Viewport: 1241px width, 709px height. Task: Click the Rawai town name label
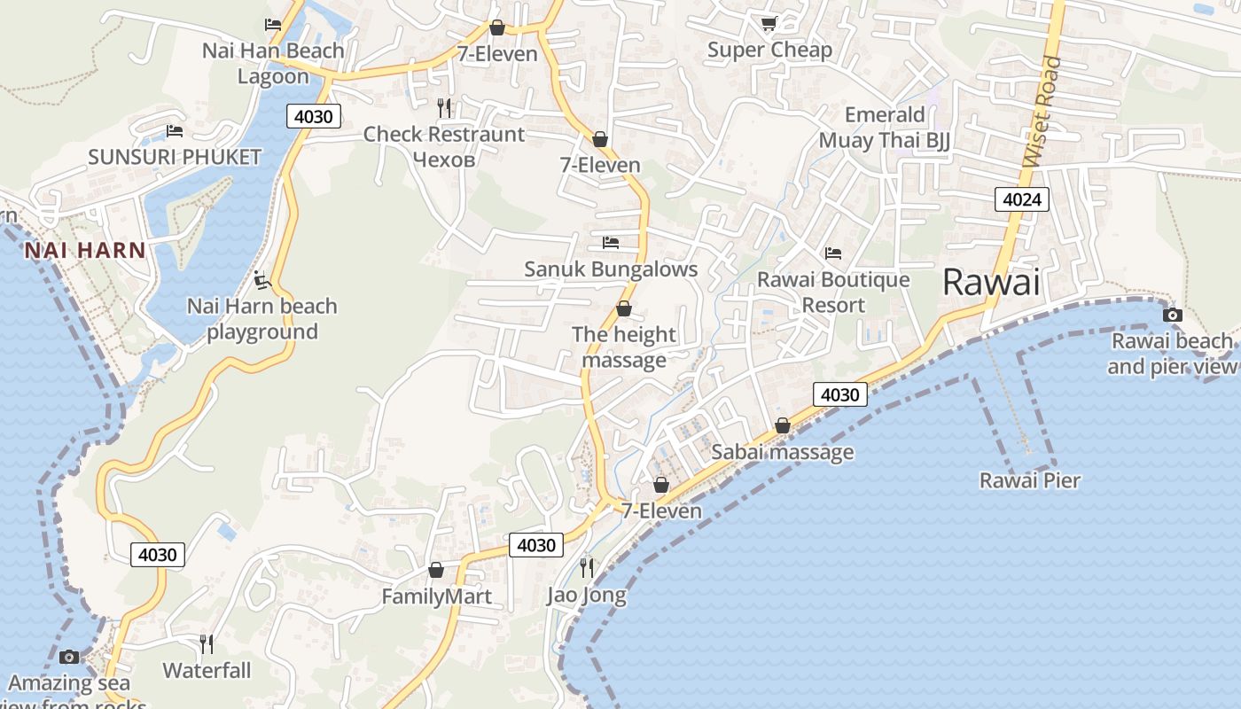[990, 282]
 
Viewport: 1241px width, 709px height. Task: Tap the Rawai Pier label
[1029, 480]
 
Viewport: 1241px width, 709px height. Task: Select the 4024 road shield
[1021, 199]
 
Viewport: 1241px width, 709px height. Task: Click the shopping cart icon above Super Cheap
[769, 24]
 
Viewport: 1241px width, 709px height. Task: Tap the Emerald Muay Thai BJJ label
[884, 128]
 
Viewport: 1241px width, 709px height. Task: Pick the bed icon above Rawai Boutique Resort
[833, 253]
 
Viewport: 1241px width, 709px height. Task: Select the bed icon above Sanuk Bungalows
[610, 242]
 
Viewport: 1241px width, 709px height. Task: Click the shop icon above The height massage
[624, 309]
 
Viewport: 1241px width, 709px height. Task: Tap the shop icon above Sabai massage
[783, 426]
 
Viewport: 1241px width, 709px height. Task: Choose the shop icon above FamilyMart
[436, 570]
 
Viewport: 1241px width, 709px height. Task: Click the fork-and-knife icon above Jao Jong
[587, 566]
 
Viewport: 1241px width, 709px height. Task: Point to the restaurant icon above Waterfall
[207, 643]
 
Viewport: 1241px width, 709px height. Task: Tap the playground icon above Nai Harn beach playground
[261, 280]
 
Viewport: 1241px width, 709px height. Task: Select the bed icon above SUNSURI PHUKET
[175, 132]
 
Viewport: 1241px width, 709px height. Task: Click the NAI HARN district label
[85, 250]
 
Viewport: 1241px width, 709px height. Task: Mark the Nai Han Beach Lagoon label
[273, 63]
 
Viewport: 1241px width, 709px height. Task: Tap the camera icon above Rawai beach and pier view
[1172, 316]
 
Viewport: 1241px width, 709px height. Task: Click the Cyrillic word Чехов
[445, 160]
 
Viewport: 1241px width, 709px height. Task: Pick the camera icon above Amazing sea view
[69, 657]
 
